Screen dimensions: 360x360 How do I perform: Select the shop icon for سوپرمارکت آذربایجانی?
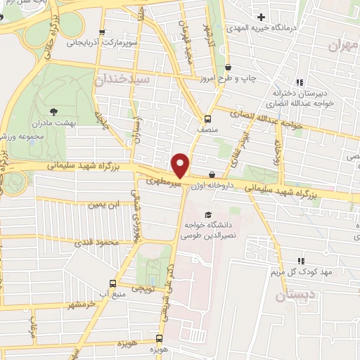(103, 32)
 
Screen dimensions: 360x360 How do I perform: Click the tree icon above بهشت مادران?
(54, 111)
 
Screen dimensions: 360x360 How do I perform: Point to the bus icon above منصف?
(207, 118)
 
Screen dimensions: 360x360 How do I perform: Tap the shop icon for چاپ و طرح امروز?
(229, 67)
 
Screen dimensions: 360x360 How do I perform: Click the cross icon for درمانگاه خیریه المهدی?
(261, 17)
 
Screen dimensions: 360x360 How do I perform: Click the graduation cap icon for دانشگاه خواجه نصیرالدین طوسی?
(207, 214)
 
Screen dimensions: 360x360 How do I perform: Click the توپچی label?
(144, 289)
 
